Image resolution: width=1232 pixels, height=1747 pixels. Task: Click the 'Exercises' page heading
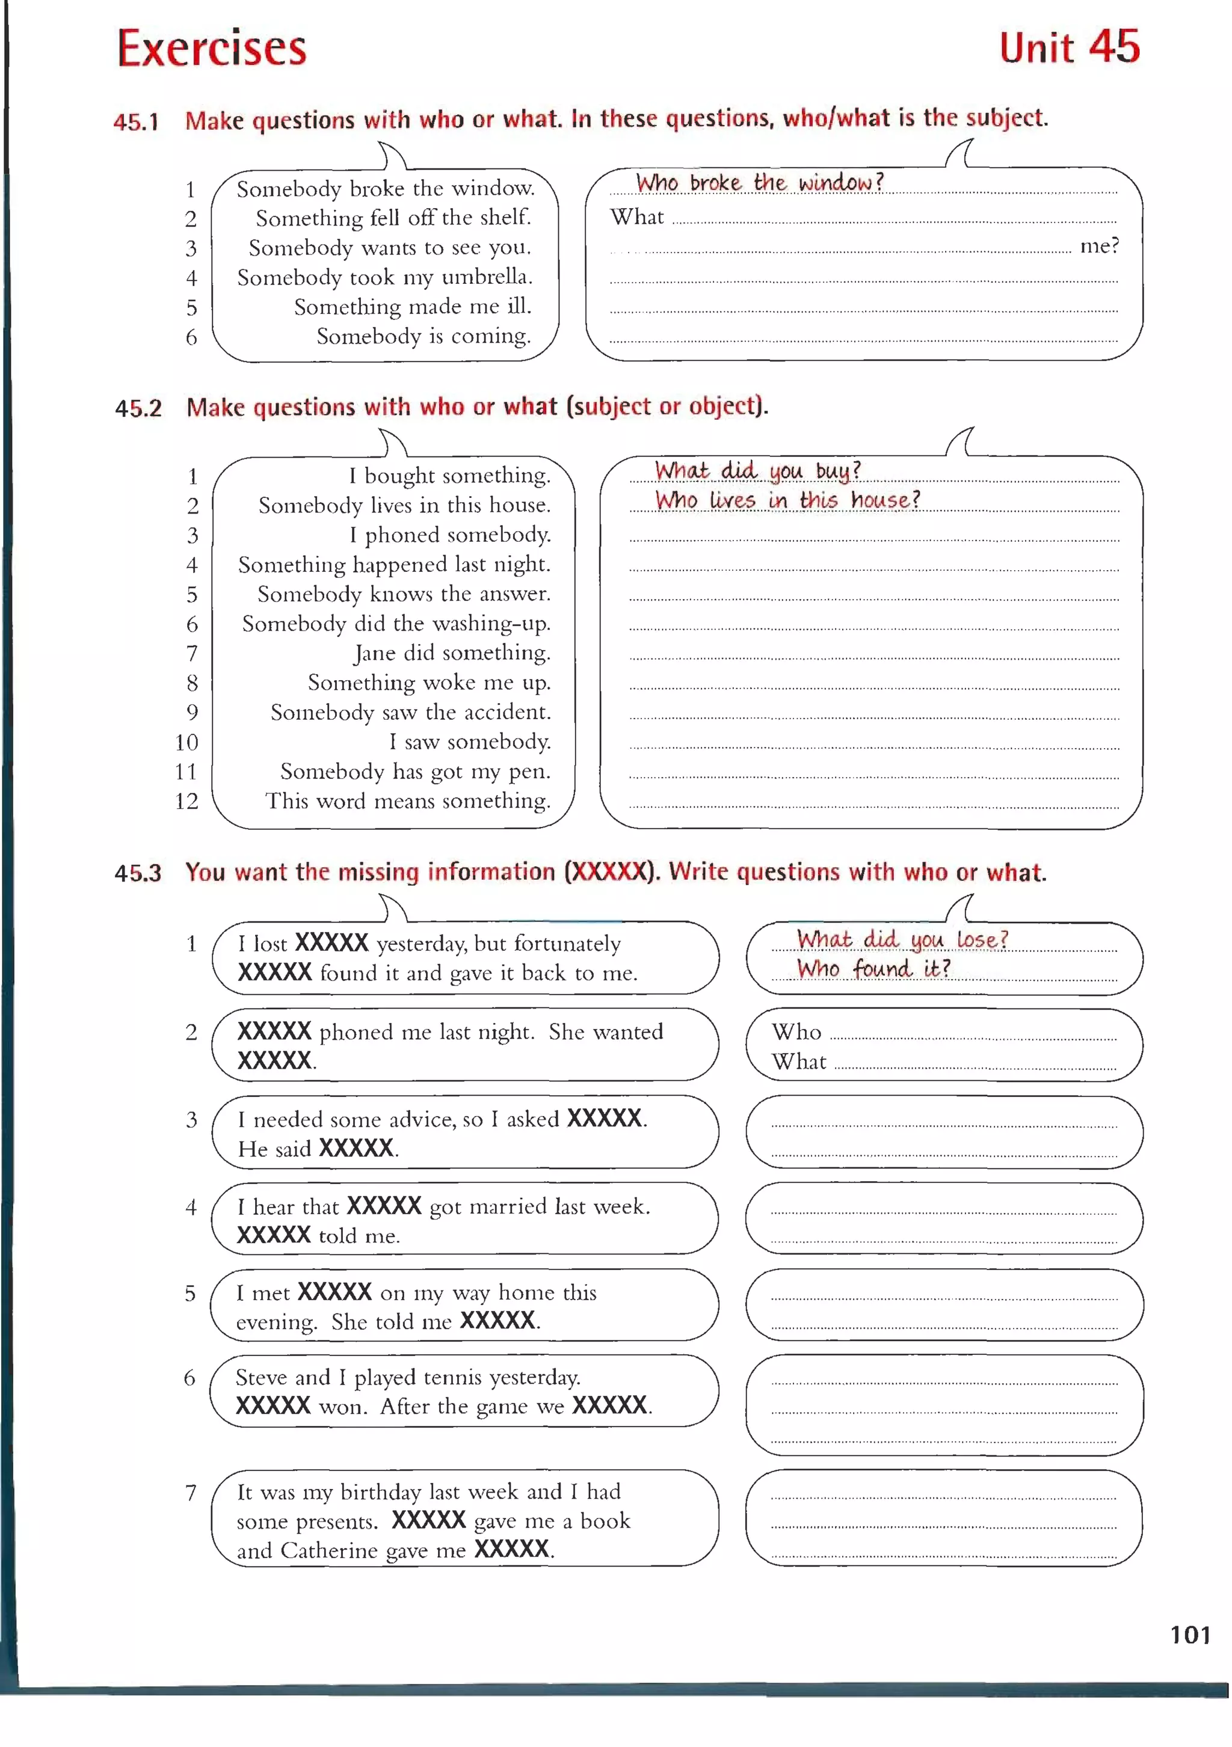pyautogui.click(x=212, y=48)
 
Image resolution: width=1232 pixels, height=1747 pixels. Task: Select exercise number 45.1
pyautogui.click(x=136, y=121)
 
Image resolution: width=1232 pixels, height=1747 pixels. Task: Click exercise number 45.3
pyautogui.click(x=138, y=872)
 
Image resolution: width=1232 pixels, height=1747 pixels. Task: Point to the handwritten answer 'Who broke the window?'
pyautogui.click(x=759, y=183)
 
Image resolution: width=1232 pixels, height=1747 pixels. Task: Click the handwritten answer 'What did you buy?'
pyautogui.click(x=757, y=471)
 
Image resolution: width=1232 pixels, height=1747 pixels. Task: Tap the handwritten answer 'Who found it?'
pyautogui.click(x=873, y=969)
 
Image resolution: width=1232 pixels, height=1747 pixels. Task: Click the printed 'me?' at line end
pyautogui.click(x=1099, y=246)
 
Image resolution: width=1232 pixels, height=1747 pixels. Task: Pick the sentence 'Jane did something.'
pyautogui.click(x=452, y=653)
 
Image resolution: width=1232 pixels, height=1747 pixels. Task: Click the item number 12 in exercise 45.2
pyautogui.click(x=186, y=801)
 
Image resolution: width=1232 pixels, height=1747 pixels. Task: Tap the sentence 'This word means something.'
pyautogui.click(x=408, y=801)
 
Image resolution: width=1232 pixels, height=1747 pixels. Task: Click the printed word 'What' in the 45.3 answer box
pyautogui.click(x=798, y=1061)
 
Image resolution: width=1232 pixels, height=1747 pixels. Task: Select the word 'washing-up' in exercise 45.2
pyautogui.click(x=491, y=624)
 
